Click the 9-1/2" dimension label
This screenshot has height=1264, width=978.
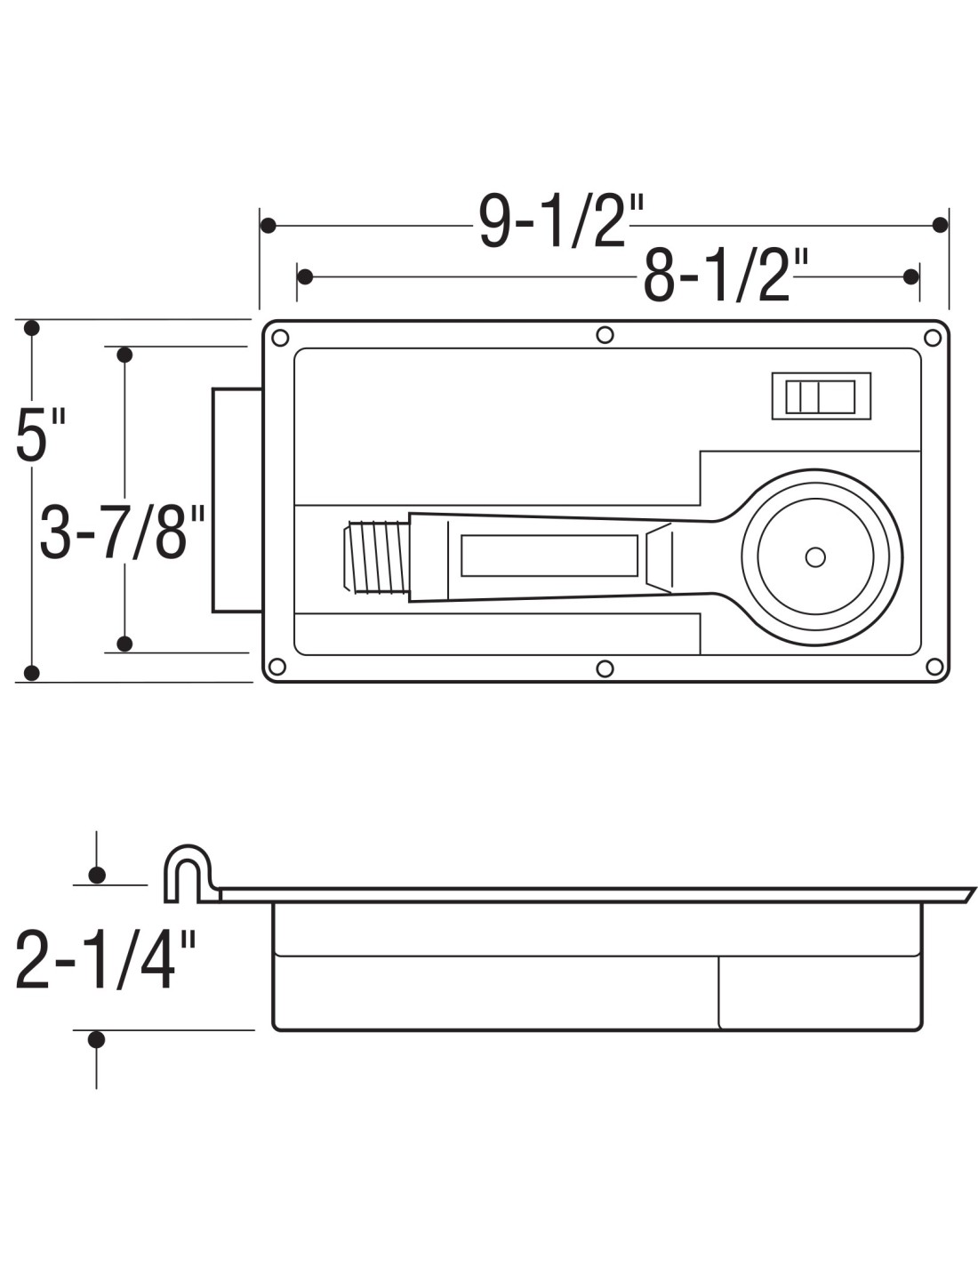click(x=560, y=221)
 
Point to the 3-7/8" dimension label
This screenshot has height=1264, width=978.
click(x=123, y=532)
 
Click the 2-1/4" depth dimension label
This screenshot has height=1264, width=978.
click(x=105, y=961)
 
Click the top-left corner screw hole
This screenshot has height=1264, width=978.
click(x=279, y=338)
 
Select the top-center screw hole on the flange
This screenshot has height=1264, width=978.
click(x=605, y=334)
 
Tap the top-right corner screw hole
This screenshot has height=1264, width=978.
click(x=933, y=337)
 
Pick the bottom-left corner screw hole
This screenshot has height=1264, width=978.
click(x=277, y=667)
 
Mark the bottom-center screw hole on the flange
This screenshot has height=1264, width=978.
click(x=605, y=668)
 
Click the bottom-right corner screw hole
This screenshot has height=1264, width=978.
click(x=934, y=666)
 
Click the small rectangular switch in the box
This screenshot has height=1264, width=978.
click(x=821, y=396)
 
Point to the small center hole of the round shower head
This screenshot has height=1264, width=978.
click(x=814, y=557)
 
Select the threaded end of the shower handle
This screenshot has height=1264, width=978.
click(x=375, y=557)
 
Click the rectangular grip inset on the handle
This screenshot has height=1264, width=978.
click(x=549, y=556)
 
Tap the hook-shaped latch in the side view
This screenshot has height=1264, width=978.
click(x=188, y=871)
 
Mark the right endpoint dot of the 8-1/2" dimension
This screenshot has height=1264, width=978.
click(x=910, y=276)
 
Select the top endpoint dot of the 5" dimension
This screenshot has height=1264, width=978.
click(x=32, y=328)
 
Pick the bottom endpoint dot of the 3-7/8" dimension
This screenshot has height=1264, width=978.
click(x=124, y=644)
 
